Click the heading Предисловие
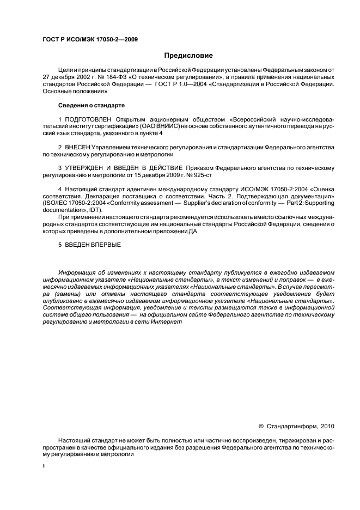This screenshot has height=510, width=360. (188, 56)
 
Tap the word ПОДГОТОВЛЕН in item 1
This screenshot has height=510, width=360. (86, 118)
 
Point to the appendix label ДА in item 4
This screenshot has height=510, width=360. (193, 231)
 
